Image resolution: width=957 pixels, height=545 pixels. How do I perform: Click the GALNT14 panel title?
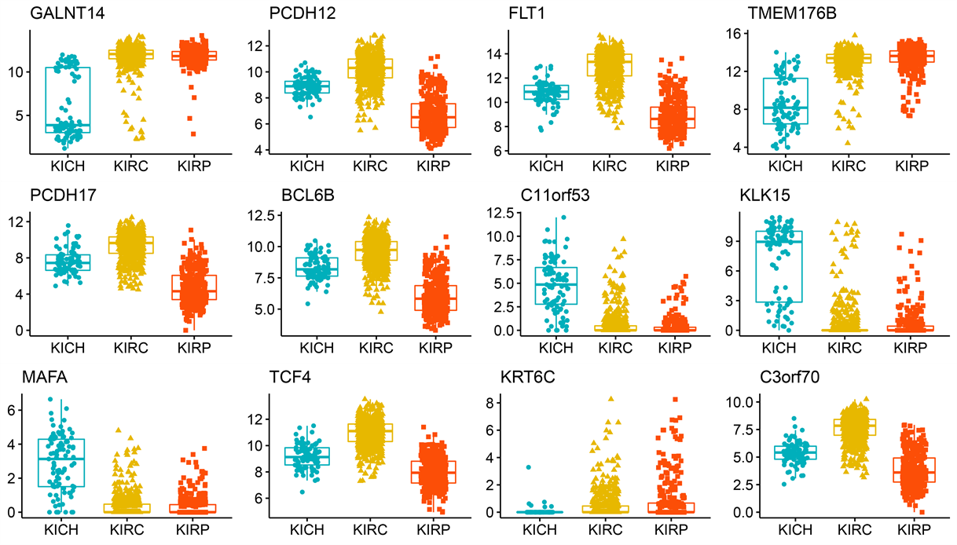(x=57, y=13)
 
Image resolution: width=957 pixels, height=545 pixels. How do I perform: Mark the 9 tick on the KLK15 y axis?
(x=729, y=243)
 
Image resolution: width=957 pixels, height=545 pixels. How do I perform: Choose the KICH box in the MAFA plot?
(x=60, y=463)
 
